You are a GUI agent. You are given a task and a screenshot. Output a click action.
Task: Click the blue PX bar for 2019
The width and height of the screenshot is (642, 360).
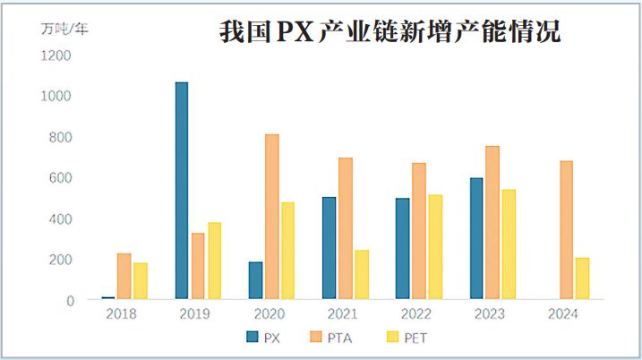pyautogui.click(x=182, y=191)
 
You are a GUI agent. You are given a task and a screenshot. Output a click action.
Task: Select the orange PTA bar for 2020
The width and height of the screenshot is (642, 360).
pyautogui.click(x=271, y=217)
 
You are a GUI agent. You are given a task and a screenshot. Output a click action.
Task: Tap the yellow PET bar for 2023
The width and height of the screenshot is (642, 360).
pyautogui.click(x=508, y=244)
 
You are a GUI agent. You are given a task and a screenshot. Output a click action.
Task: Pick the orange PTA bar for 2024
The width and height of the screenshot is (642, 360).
pyautogui.click(x=566, y=230)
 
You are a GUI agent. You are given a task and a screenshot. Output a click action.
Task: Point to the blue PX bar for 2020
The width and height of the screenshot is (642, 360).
pyautogui.click(x=255, y=280)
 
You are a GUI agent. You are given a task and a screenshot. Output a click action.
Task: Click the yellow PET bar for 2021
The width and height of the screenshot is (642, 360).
pyautogui.click(x=361, y=274)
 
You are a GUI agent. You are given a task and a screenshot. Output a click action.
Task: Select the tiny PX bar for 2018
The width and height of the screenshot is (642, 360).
pyautogui.click(x=108, y=297)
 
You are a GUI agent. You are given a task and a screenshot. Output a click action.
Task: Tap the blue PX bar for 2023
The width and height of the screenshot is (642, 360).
pyautogui.click(x=475, y=238)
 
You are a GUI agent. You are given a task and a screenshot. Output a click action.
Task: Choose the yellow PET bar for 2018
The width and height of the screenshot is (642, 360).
pyautogui.click(x=141, y=281)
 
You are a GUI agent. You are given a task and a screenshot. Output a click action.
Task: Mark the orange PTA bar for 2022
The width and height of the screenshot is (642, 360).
pyautogui.click(x=419, y=231)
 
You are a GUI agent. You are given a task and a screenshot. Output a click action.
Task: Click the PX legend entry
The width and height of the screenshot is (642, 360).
pyautogui.click(x=261, y=337)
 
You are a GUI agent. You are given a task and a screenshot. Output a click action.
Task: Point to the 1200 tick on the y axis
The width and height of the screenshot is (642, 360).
pyautogui.click(x=56, y=56)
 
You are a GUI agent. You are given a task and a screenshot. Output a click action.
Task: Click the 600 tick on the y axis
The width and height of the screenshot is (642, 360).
pyautogui.click(x=60, y=178)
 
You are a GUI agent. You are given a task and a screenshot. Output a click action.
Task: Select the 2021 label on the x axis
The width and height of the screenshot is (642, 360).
pyautogui.click(x=343, y=314)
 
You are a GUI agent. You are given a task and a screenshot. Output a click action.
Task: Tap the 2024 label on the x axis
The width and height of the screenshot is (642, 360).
pyautogui.click(x=563, y=314)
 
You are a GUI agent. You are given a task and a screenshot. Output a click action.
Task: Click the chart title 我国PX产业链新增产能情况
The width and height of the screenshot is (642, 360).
pyautogui.click(x=390, y=33)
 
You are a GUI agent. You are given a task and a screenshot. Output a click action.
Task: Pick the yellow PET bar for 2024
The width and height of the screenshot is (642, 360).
pyautogui.click(x=582, y=279)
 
